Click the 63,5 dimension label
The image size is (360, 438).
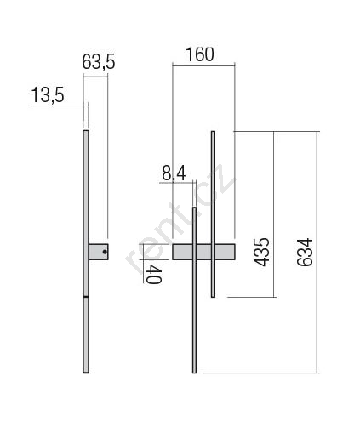[x=99, y=62]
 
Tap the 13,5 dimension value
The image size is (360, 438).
[x=48, y=95]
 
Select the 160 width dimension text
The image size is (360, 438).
[x=200, y=54]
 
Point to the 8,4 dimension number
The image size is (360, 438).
[x=174, y=173]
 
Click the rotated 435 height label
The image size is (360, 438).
[x=261, y=252]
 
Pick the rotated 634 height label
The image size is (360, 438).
[x=305, y=252]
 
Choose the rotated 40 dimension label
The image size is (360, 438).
[x=154, y=275]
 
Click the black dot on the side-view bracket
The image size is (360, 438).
[x=105, y=252]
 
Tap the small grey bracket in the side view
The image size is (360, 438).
[x=99, y=252]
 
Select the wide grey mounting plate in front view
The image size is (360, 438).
[x=203, y=252]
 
